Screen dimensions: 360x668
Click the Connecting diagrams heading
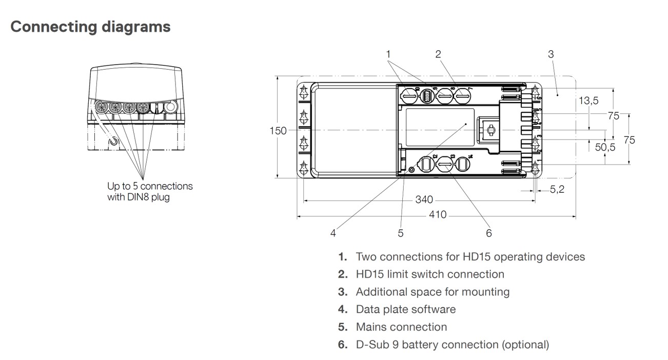[x=90, y=27]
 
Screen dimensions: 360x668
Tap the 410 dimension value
[x=438, y=215]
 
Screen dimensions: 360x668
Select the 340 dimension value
[x=424, y=199]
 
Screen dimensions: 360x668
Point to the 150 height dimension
[x=279, y=130]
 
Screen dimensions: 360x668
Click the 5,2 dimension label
[x=557, y=190]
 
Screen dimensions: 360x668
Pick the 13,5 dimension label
[x=588, y=101]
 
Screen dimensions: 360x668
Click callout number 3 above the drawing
[x=551, y=54]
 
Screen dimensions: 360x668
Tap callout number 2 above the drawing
[x=438, y=54]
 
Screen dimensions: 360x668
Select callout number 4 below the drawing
[x=333, y=233]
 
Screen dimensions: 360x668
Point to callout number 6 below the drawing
[x=489, y=233]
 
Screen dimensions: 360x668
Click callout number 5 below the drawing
[x=401, y=233]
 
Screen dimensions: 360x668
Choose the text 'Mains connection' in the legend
[x=401, y=327]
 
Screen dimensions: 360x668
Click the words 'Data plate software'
[x=405, y=309]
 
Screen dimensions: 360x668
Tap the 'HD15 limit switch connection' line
[x=430, y=274]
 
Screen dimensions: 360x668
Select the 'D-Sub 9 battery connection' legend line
[x=452, y=344]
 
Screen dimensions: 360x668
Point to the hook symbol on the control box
[x=113, y=139]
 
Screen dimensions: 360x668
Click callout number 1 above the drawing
[x=388, y=54]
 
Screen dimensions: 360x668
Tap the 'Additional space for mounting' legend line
[x=433, y=292]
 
